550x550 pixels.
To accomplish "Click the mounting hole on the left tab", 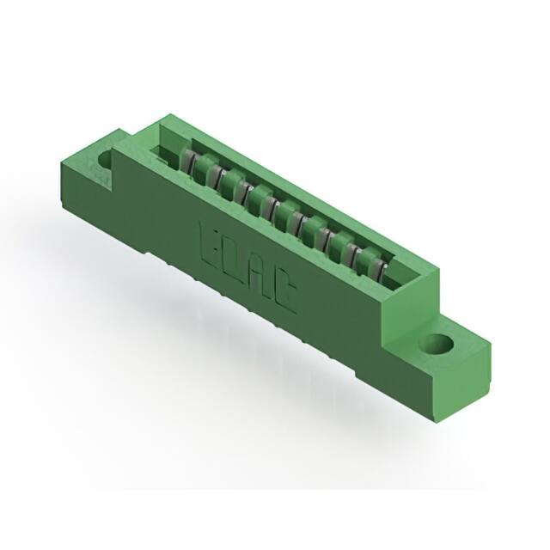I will tap(106, 157).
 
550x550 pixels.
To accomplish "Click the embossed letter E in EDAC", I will tap(211, 239).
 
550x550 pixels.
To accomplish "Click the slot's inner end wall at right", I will tap(404, 278).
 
